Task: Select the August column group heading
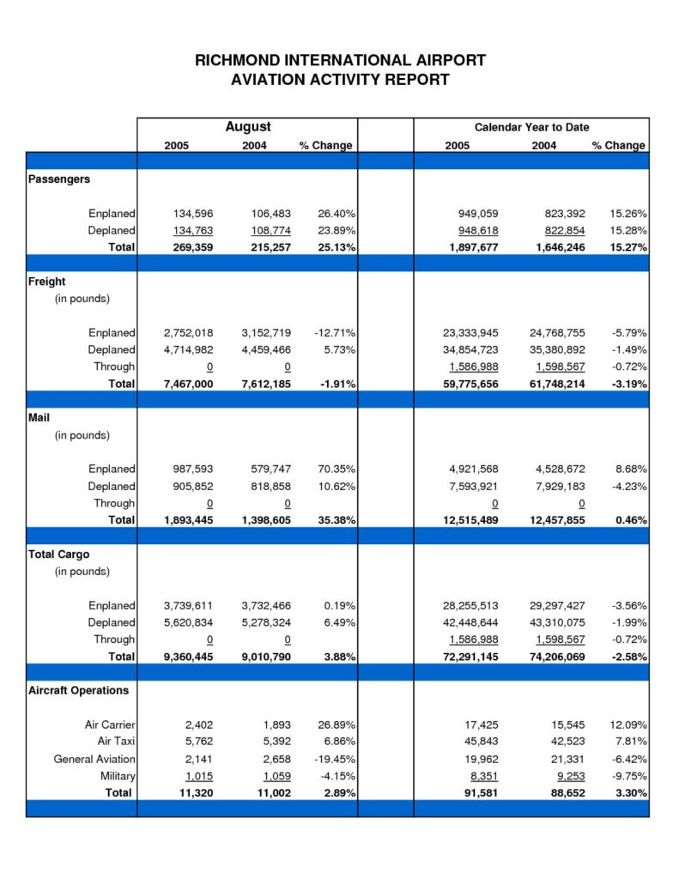click(248, 127)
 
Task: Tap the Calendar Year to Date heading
click(531, 127)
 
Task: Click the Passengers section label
click(59, 179)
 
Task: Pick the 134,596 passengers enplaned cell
click(193, 214)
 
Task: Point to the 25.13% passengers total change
click(336, 247)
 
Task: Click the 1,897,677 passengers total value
click(473, 247)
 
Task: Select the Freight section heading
click(46, 282)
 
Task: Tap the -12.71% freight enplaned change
click(335, 333)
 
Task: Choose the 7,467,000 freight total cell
click(188, 384)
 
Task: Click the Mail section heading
click(39, 418)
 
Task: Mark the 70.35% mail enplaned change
click(336, 470)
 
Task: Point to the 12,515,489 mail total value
click(470, 520)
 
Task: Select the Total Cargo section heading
click(59, 555)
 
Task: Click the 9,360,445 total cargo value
click(188, 657)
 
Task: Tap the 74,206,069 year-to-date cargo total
click(557, 657)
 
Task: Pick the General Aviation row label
click(94, 760)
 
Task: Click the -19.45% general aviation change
click(335, 760)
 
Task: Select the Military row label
click(118, 776)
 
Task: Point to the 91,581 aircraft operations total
click(481, 793)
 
